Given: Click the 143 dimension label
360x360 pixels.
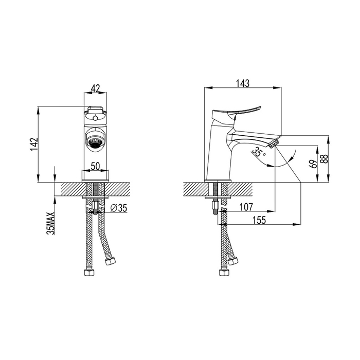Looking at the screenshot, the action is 243,83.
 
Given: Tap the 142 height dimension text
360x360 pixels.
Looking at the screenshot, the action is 33,144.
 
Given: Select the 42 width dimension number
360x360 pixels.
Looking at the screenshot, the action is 96,88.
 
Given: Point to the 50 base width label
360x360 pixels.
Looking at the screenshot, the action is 95,166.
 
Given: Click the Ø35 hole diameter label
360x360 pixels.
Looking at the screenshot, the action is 118,208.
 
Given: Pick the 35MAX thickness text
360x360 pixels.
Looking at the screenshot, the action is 50,223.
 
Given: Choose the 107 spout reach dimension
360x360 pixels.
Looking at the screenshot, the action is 246,207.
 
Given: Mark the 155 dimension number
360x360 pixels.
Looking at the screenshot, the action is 259,220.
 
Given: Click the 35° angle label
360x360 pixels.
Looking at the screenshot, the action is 258,152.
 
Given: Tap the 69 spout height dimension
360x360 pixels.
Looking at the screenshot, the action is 314,164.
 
